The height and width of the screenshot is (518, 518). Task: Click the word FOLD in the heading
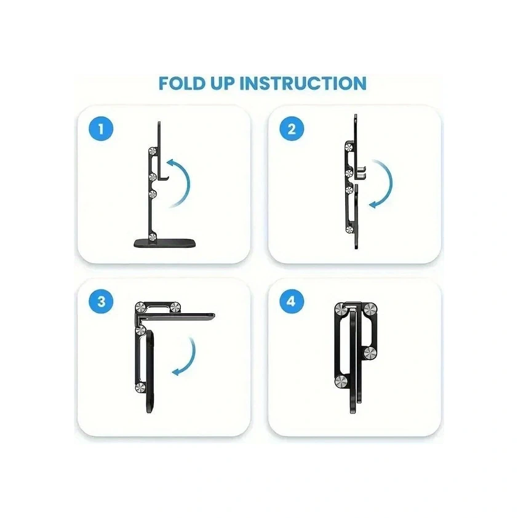point(181,83)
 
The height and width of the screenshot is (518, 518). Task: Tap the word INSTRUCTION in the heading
point(303,83)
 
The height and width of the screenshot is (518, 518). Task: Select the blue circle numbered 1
point(101,129)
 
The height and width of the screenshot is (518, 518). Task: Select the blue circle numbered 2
point(292,129)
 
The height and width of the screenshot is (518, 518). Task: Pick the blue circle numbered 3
point(101,301)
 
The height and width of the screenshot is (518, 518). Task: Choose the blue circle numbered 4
point(292,301)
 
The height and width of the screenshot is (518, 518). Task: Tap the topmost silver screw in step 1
point(153,151)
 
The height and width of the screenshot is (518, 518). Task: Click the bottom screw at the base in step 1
point(153,236)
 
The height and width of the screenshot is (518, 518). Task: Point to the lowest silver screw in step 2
point(349,229)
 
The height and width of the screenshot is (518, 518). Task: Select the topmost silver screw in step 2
point(349,146)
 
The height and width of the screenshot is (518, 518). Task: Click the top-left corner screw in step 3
point(141,307)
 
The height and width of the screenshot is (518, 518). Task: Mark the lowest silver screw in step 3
point(140,387)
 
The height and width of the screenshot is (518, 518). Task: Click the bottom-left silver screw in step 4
point(341,381)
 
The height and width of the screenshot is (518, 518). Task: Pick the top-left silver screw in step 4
point(341,309)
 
